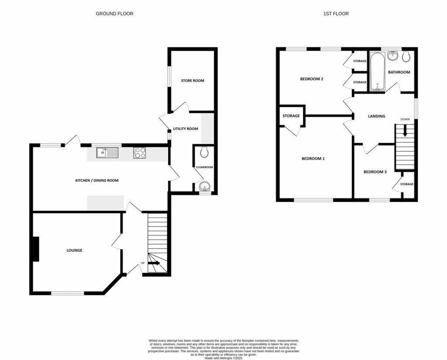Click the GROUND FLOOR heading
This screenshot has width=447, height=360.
coord(114,14)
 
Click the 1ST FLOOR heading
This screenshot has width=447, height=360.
coord(336,14)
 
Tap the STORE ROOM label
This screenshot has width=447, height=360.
coord(193,80)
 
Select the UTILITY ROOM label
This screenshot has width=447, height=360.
coord(186,129)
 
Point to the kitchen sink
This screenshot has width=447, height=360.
coord(107,152)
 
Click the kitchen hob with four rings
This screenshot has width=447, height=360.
coord(139,152)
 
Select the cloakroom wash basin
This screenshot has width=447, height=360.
coord(204,187)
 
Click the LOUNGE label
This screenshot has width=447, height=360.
coord(75,250)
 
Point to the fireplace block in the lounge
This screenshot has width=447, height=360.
coord(36,249)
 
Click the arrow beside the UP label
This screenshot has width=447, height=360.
coord(154,263)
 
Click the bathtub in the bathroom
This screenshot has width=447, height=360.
coord(376,72)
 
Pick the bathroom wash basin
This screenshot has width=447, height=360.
coord(393,55)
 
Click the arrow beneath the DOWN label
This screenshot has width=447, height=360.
coord(405,131)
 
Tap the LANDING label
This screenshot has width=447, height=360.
coord(376,116)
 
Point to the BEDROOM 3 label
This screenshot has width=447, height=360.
coord(375,172)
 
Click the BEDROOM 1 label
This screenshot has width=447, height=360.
coord(313,159)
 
